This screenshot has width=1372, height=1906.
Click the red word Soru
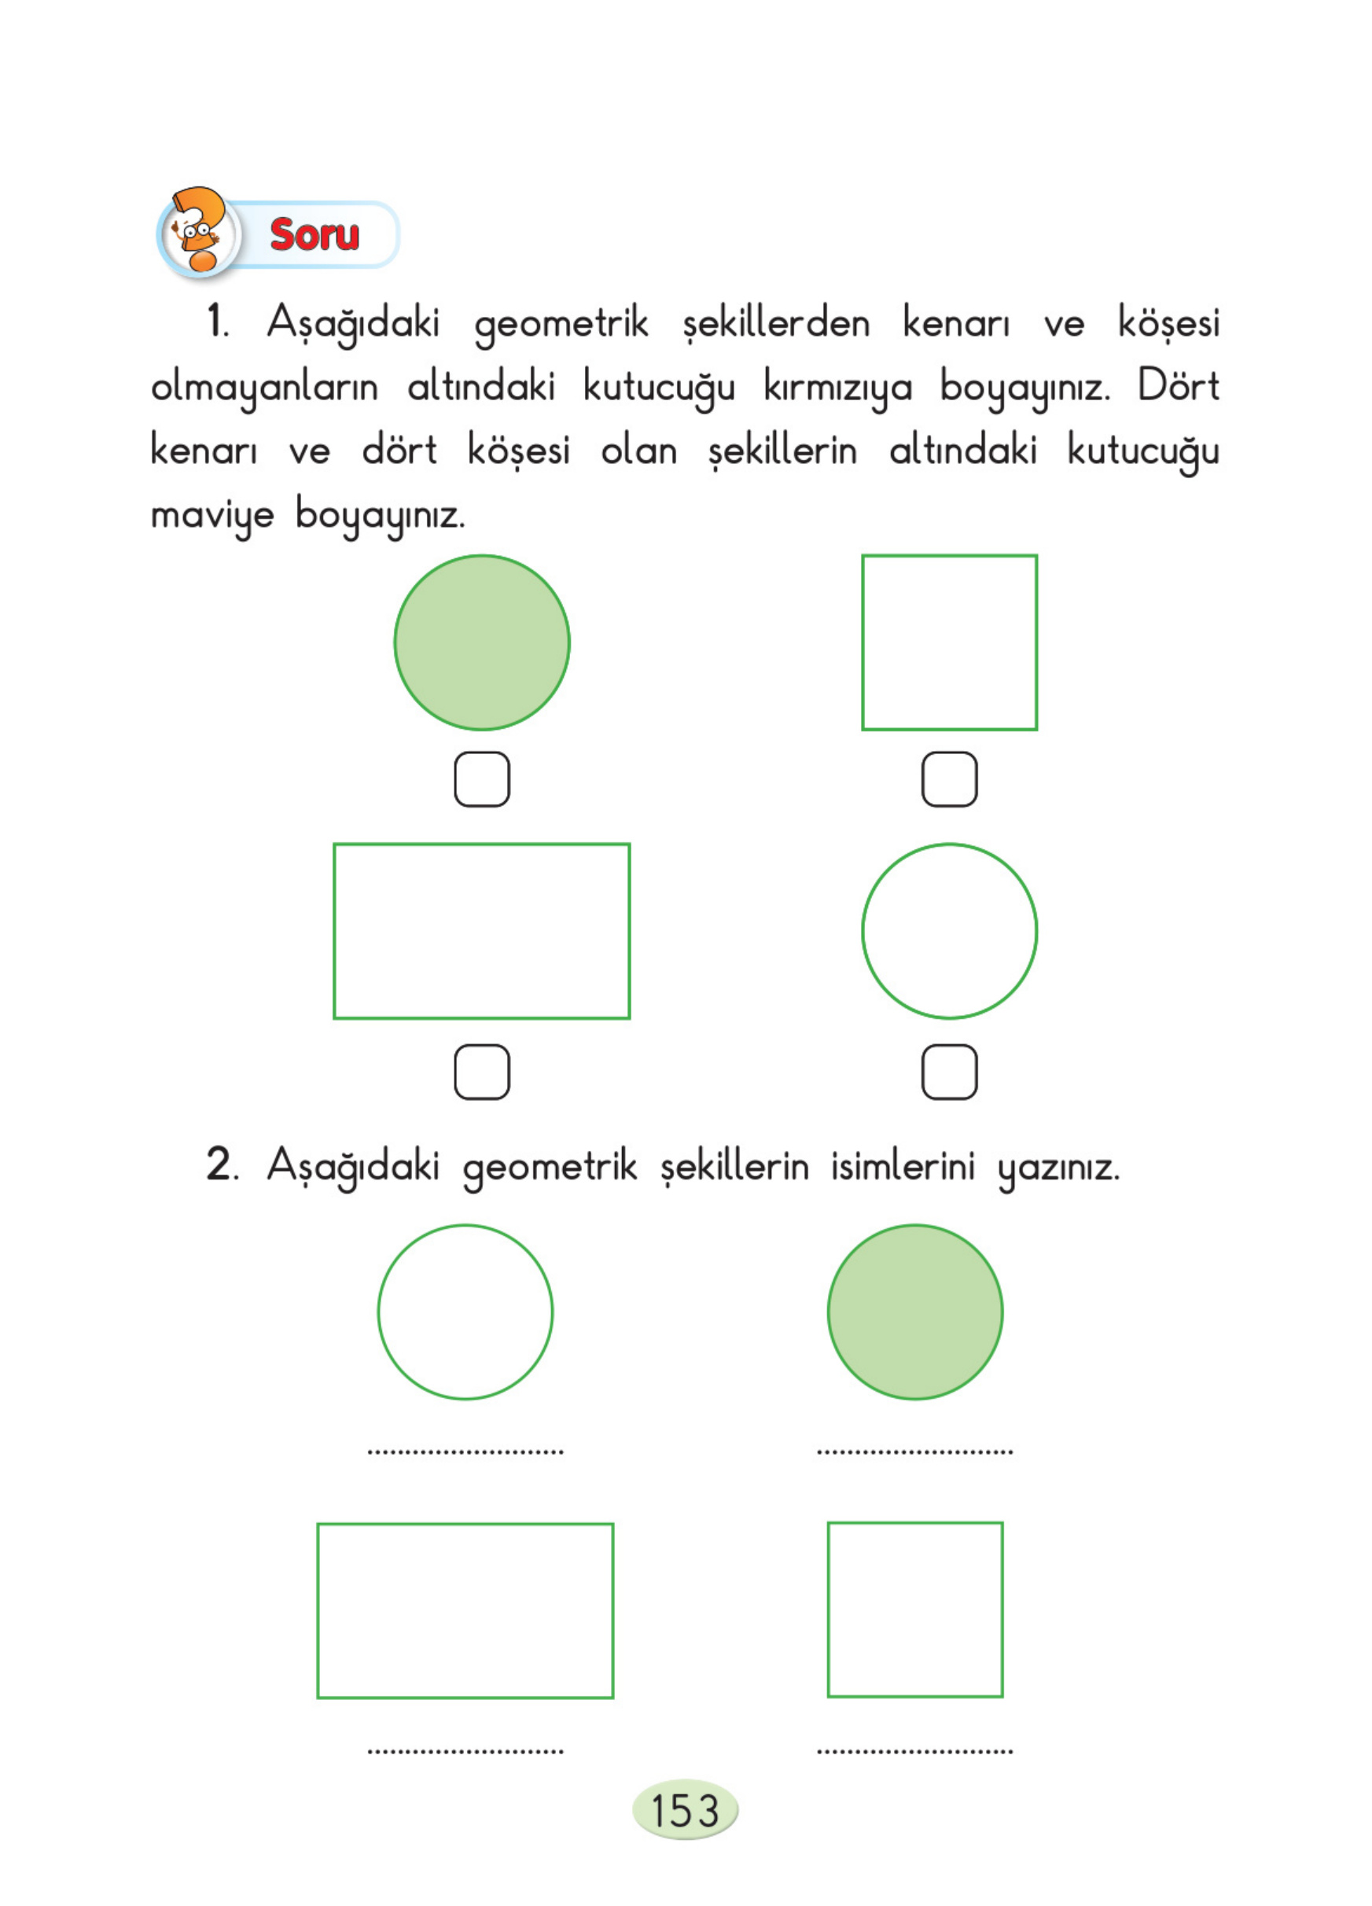point(314,234)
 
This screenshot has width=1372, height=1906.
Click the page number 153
point(685,1810)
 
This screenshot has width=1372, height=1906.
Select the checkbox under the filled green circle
point(482,779)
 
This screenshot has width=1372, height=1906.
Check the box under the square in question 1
point(950,779)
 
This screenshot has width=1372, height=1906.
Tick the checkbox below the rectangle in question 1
point(482,1072)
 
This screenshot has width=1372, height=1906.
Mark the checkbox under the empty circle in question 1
point(950,1072)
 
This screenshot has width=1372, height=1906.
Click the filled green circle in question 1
point(482,642)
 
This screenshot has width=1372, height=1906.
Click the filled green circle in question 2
point(915,1312)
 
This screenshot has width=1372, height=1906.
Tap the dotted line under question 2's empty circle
point(465,1452)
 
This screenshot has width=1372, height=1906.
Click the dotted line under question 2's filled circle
point(915,1452)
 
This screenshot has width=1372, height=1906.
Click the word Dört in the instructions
point(1178,386)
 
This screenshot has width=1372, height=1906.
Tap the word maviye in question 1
point(212,515)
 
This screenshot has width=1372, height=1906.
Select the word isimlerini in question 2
point(903,1166)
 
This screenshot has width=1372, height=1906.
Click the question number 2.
point(219,1165)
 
